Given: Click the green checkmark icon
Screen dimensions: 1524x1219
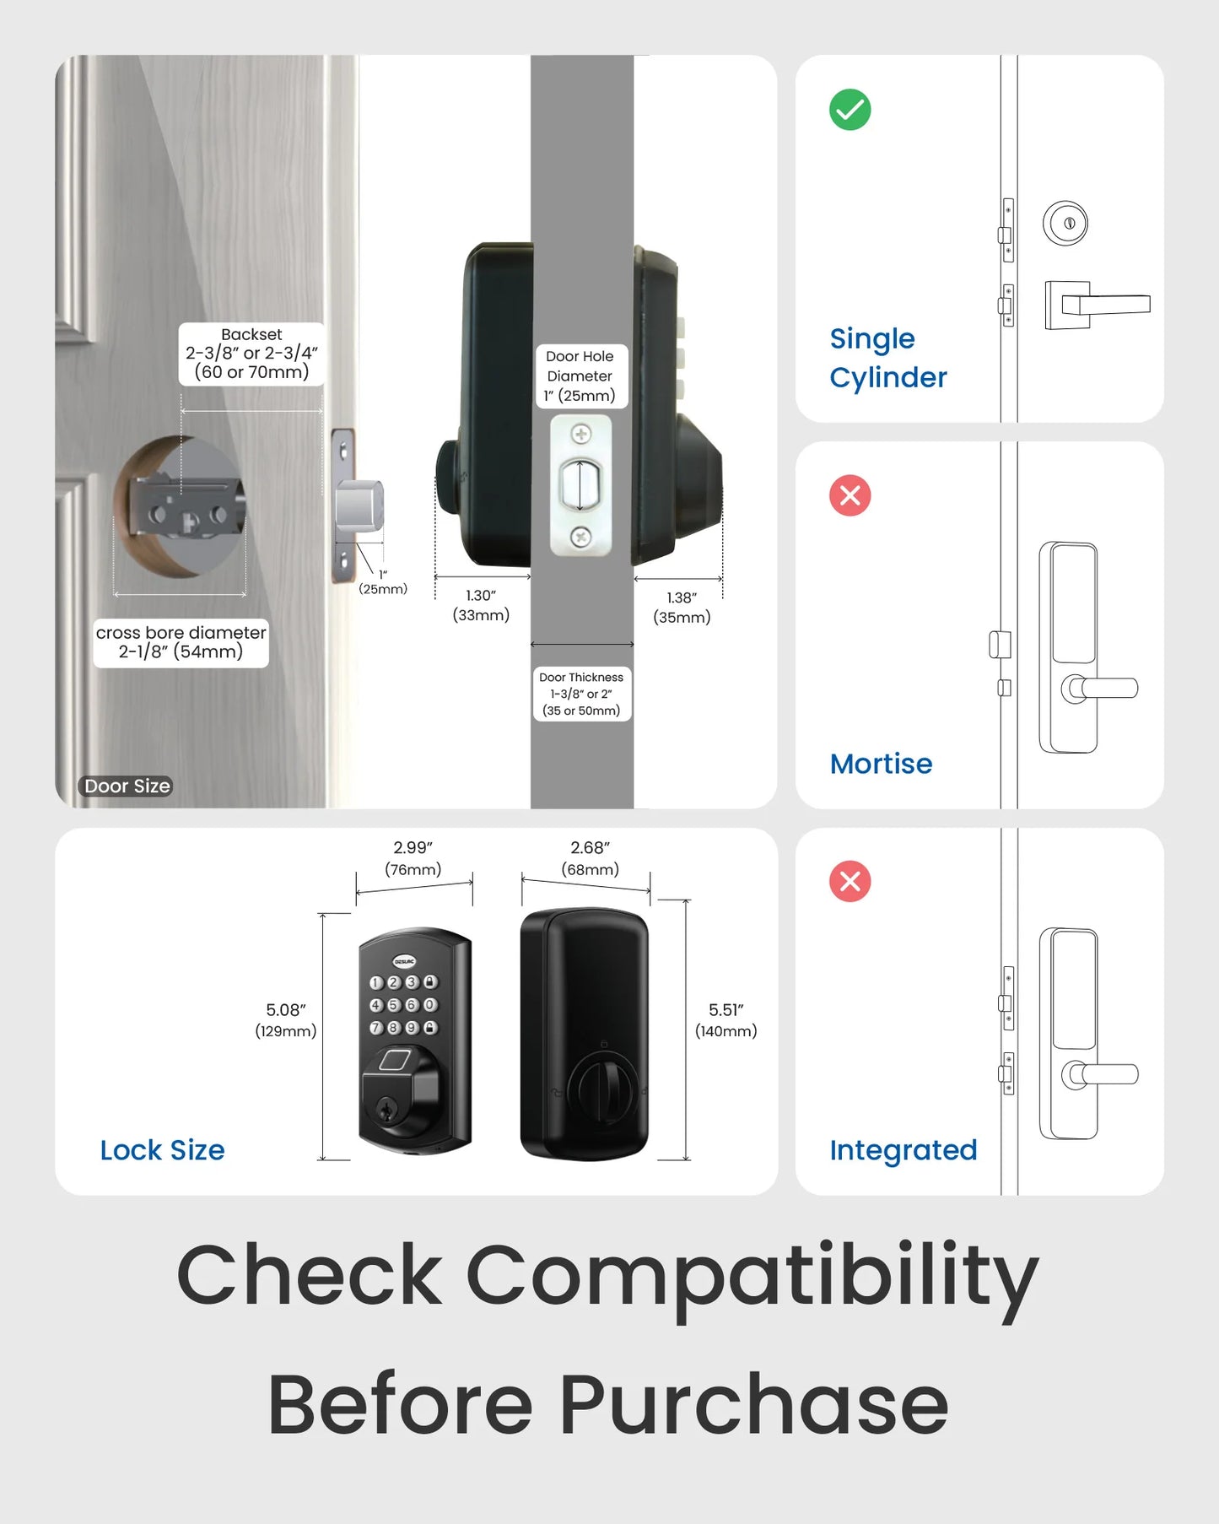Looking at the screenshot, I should coord(850,110).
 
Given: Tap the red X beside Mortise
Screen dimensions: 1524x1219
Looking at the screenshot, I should coord(850,495).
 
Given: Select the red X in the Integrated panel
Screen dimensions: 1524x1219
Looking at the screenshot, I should coord(850,882).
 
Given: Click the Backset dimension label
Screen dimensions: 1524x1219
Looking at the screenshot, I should coord(251,354).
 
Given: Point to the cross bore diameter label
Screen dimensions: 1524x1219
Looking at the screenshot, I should coord(181,642).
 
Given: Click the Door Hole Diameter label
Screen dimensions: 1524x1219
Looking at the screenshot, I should coord(580,376).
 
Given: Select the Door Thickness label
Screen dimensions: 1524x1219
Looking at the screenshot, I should coord(581,694).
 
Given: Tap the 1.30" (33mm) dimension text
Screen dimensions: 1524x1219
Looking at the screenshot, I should coord(481,605).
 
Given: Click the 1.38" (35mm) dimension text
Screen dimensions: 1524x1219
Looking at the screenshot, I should coord(682,608).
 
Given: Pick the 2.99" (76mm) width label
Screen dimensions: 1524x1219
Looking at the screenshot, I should coord(413,858).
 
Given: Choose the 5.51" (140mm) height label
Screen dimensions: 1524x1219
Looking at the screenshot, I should coord(725,1020).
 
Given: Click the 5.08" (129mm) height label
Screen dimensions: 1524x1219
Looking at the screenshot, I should coord(286,1020).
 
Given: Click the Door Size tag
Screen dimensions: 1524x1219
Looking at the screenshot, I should coord(127,786).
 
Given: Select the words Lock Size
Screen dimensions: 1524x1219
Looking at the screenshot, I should coord(162,1150).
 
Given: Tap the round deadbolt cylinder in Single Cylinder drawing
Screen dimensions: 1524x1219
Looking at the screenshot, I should coord(1065,224).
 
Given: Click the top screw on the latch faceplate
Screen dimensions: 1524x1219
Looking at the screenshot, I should coord(581,435).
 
